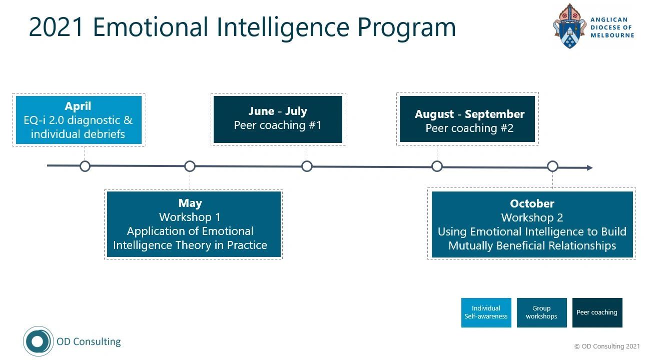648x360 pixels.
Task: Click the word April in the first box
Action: point(78,106)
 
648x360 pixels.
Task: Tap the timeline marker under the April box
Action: point(85,166)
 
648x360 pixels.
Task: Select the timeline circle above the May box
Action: point(190,166)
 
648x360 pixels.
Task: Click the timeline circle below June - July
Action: point(307,166)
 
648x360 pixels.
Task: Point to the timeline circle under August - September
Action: point(437,166)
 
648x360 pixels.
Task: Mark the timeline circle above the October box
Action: point(552,166)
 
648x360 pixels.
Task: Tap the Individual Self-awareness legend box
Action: point(486,312)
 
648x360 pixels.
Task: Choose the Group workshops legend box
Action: point(541,312)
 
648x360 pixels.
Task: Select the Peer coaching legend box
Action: point(597,312)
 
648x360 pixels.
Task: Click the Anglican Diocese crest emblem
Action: point(569,26)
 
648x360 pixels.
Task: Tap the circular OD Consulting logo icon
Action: point(38,341)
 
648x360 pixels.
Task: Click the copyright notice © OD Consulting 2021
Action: point(607,346)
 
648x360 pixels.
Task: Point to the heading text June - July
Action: point(278,111)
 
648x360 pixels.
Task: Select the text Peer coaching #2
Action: point(469,128)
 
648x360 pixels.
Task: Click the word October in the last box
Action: point(532,203)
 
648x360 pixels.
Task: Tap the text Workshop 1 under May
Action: point(190,217)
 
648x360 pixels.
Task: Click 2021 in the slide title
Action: point(56,27)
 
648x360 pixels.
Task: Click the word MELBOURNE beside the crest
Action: point(612,35)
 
